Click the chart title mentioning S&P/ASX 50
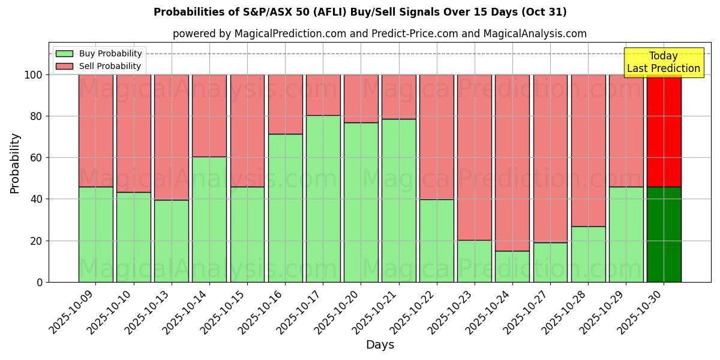[360, 12]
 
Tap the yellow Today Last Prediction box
[664, 62]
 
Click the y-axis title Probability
[15, 163]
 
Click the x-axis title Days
[380, 345]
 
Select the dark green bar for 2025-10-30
[664, 235]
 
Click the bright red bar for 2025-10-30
[664, 131]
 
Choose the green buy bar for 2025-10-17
[323, 199]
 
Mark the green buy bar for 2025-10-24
[512, 266]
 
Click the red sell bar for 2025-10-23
[475, 157]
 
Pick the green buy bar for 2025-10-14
[209, 220]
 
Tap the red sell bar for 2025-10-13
[172, 137]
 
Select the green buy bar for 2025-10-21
[399, 200]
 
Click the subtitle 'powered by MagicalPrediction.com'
[380, 34]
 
